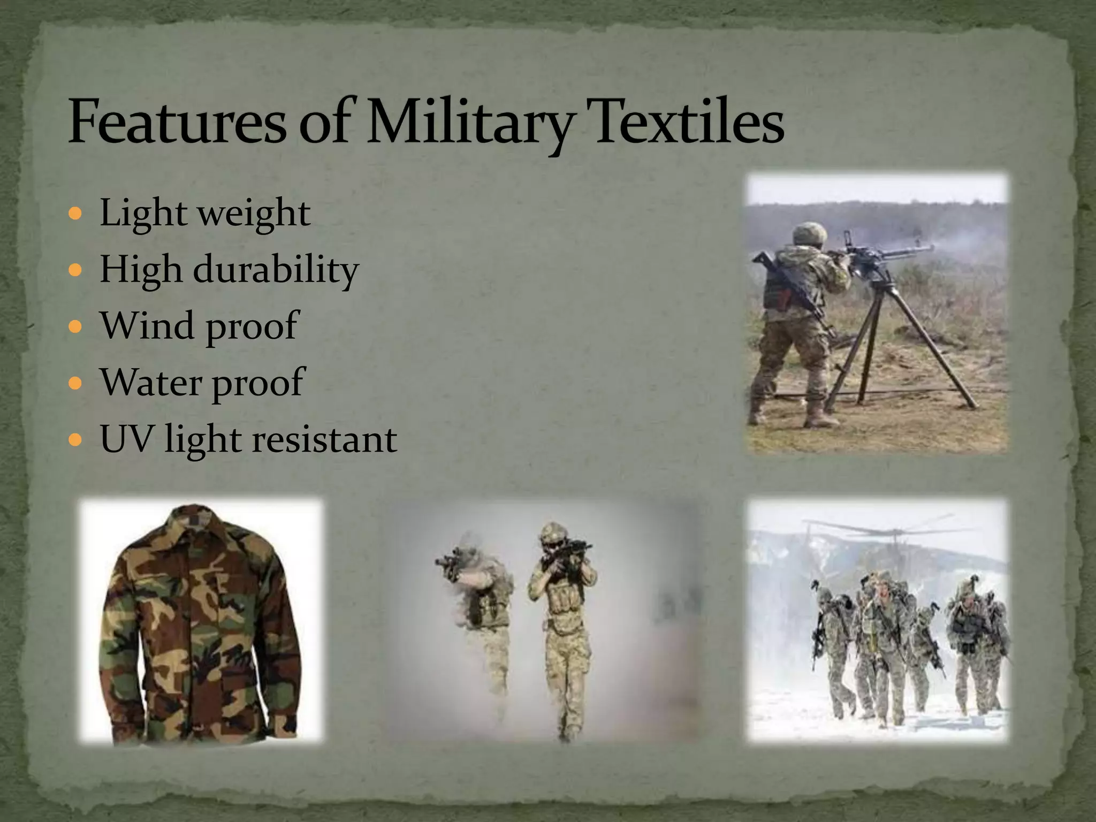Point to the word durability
tap(276, 269)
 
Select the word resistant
tap(324, 440)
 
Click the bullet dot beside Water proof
tap(75, 384)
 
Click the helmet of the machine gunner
tap(809, 233)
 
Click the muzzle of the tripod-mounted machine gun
tap(929, 248)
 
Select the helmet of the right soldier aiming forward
tap(553, 532)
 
